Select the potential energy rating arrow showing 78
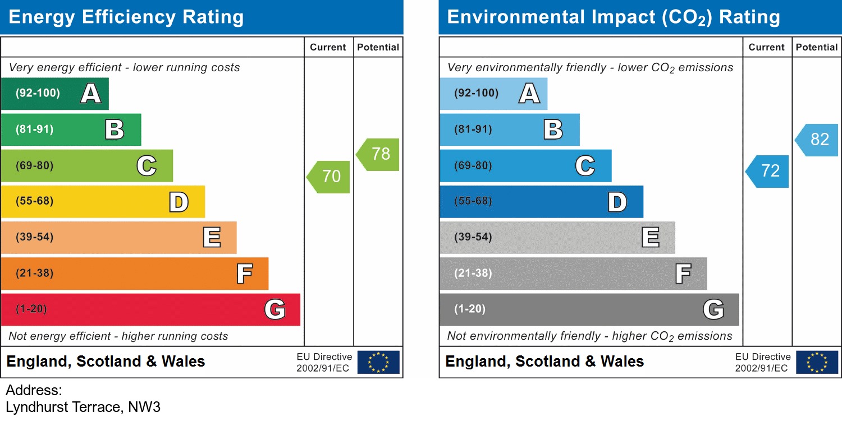pyautogui.click(x=379, y=154)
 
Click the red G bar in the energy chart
pyautogui.click(x=150, y=309)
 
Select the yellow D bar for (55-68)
pyautogui.click(x=103, y=202)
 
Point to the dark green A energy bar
pyautogui.click(x=54, y=94)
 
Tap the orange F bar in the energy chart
pyautogui.click(x=134, y=274)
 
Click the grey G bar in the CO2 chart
pyautogui.click(x=589, y=309)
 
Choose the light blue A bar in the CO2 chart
pyautogui.click(x=493, y=94)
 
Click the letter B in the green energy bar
pyautogui.click(x=115, y=129)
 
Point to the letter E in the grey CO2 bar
pyautogui.click(x=650, y=238)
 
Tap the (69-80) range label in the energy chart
pyautogui.click(x=35, y=166)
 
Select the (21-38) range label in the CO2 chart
pyautogui.click(x=473, y=274)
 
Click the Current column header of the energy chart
pyautogui.click(x=328, y=48)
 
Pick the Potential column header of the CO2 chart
pyautogui.click(x=817, y=48)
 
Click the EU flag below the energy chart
pyautogui.click(x=378, y=362)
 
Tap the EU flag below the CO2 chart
pyautogui.click(x=817, y=362)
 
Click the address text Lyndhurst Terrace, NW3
pyautogui.click(x=83, y=407)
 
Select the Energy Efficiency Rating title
pyautogui.click(x=126, y=17)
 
